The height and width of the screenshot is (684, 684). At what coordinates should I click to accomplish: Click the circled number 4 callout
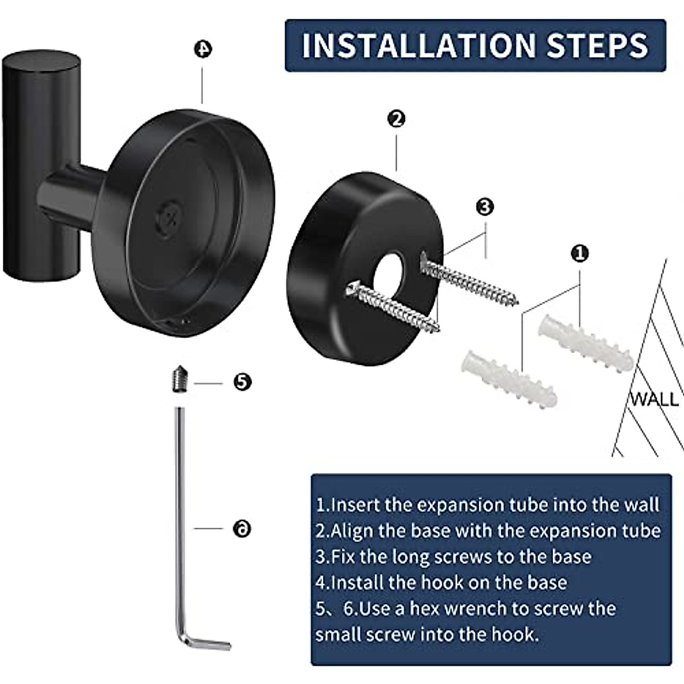(x=203, y=49)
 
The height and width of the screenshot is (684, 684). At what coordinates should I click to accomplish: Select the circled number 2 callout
(x=396, y=119)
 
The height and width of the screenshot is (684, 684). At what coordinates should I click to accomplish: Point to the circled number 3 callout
(x=485, y=207)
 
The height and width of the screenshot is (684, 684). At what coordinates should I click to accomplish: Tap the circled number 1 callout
(x=580, y=254)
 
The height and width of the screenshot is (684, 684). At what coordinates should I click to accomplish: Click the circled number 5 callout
(x=242, y=382)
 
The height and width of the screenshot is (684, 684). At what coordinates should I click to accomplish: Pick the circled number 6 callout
(x=242, y=529)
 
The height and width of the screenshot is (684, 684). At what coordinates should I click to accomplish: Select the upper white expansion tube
(x=586, y=343)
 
